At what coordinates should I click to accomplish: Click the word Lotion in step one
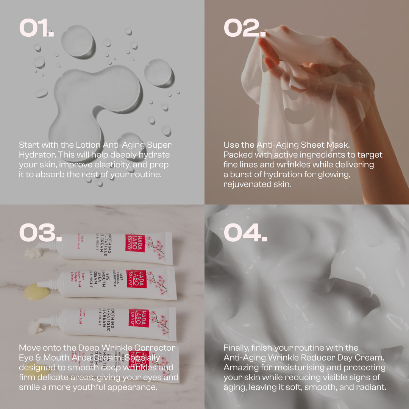(x=89, y=145)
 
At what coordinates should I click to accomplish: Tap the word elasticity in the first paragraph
(x=116, y=165)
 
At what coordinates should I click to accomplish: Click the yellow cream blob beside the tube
(x=36, y=292)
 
